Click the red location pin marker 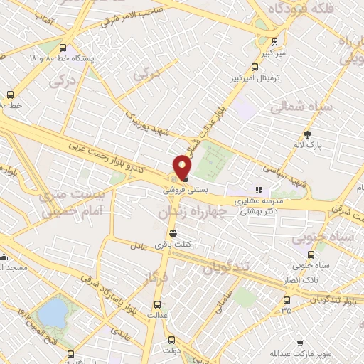coord(183,166)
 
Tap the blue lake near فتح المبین coord(51,311)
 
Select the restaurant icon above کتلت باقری coord(173,233)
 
